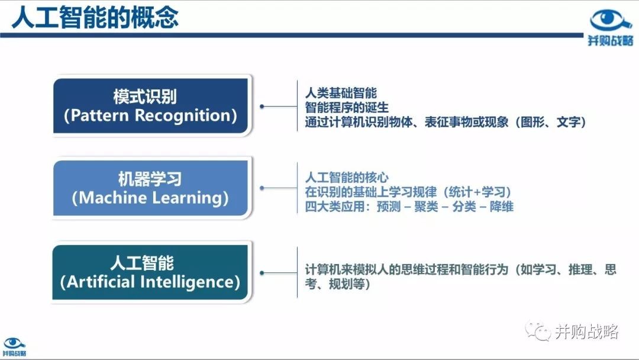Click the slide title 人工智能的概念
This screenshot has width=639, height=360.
[x=95, y=17]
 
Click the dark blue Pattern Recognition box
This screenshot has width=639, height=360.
[x=151, y=106]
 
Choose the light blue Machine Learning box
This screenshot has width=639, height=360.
[x=151, y=188]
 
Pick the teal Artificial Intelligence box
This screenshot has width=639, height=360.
[x=150, y=272]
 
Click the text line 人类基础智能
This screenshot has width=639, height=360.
[x=341, y=93]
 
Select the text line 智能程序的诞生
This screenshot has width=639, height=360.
[x=347, y=108]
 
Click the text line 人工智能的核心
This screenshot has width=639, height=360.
[x=347, y=178]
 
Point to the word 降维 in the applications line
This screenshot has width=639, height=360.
[x=502, y=206]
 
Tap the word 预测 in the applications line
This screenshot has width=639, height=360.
[x=389, y=206]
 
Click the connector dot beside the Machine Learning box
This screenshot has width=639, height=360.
[x=262, y=188]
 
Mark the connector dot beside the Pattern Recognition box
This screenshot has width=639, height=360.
[x=262, y=106]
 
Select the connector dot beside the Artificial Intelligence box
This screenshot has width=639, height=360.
[x=262, y=272]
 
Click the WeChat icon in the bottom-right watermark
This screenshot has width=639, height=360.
[x=537, y=330]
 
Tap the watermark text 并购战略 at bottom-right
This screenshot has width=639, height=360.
[x=586, y=332]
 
